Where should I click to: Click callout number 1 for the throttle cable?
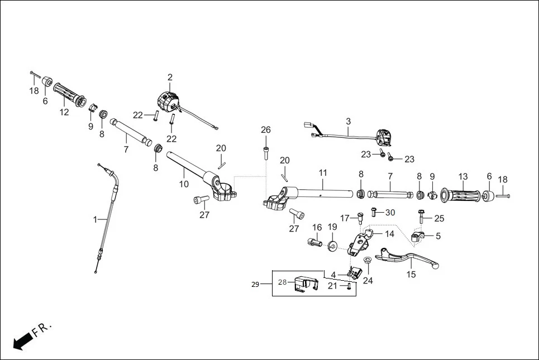pos(95,220)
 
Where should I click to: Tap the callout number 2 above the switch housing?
pos(170,77)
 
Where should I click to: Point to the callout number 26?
pos(266,130)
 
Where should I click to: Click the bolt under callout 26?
pos(266,151)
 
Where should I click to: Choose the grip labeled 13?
pos(462,195)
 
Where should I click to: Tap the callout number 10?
pos(184,184)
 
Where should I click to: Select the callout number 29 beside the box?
pos(255,285)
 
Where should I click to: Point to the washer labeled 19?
pos(332,246)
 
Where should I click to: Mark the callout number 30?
pos(390,212)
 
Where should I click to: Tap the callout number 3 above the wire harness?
pos(348,121)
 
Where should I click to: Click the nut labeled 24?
pos(368,261)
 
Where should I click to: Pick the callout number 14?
pos(389,234)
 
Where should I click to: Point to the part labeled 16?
pos(313,242)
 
